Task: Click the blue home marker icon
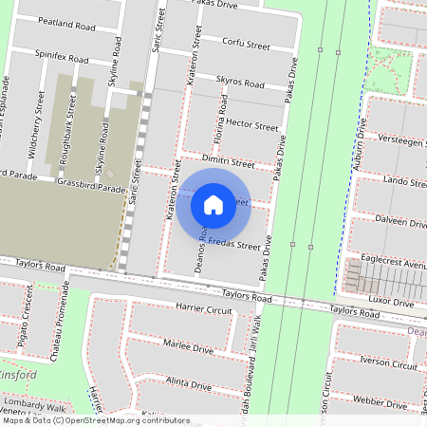[x=213, y=204]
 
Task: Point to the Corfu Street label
[x=245, y=43]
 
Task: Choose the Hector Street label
[x=250, y=125]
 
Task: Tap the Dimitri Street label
[x=229, y=163]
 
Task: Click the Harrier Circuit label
[x=204, y=309]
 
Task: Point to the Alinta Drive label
[x=188, y=383]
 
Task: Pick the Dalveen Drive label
[x=401, y=223]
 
